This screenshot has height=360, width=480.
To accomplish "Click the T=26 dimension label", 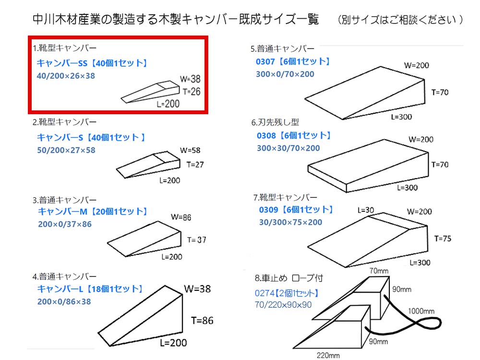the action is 192,92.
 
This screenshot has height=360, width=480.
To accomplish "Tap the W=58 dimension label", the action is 190,150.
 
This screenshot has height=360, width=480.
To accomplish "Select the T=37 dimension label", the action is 196,240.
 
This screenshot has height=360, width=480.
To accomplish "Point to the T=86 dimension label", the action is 202,321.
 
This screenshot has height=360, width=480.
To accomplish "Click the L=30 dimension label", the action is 366,210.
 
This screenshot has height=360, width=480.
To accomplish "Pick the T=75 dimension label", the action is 443,239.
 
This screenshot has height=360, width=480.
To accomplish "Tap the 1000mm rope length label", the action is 421,311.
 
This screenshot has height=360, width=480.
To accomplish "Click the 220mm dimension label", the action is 328,355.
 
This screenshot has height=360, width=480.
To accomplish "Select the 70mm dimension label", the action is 379,271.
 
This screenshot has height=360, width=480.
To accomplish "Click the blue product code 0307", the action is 265,61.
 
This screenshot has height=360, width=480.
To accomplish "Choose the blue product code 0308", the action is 266,136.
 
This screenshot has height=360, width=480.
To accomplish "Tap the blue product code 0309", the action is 268,210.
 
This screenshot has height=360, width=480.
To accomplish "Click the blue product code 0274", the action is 264,293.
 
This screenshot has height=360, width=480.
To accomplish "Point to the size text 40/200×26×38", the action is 66,76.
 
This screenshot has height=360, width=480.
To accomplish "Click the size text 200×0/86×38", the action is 64,302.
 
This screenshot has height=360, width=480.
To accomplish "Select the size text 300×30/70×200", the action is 288,148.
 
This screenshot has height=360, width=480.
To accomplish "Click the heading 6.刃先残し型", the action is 275,122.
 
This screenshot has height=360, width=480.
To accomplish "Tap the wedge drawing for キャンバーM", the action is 144,239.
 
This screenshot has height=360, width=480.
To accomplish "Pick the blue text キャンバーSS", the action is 62,63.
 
